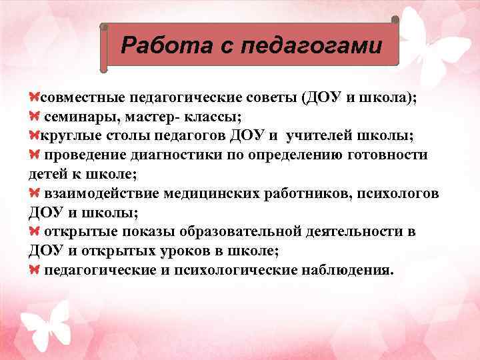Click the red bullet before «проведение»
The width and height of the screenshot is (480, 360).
[35, 155]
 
